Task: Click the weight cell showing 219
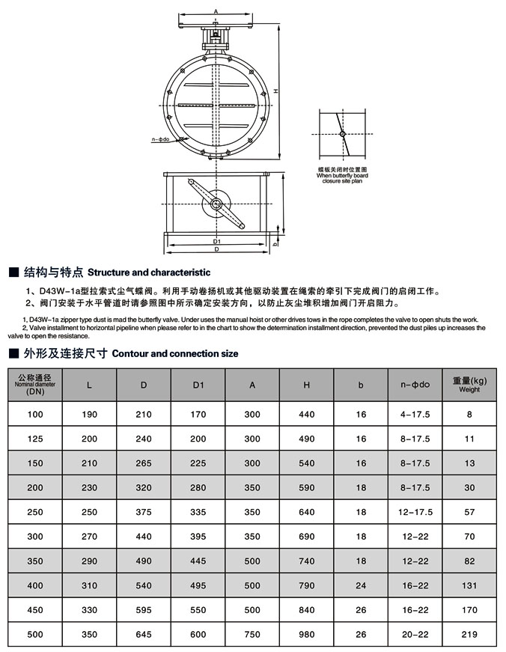click(469, 634)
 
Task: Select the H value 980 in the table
click(307, 634)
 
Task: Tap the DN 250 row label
click(35, 512)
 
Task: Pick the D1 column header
click(198, 385)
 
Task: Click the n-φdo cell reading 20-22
click(415, 634)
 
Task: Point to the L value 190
click(90, 414)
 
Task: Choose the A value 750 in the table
click(252, 634)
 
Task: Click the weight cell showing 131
click(469, 585)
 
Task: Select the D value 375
click(144, 512)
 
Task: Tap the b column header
click(361, 385)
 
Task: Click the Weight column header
click(469, 385)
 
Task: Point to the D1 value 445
click(198, 561)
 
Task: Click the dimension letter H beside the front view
click(275, 91)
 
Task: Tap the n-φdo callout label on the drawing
click(159, 138)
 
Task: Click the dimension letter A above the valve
click(215, 11)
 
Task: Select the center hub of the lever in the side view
click(216, 204)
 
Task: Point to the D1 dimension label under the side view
click(216, 241)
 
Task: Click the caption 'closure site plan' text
click(341, 181)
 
